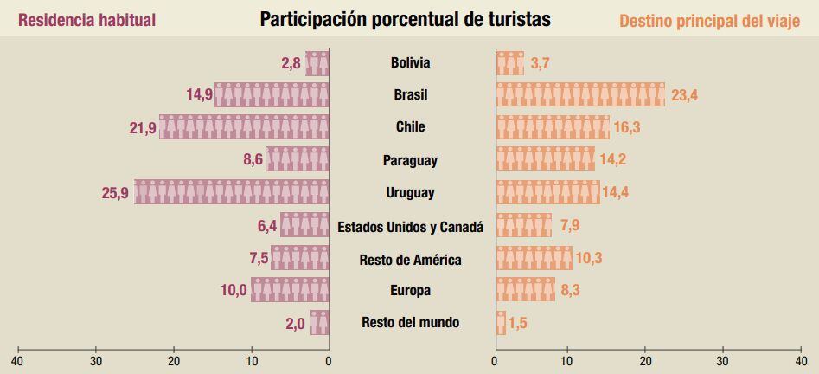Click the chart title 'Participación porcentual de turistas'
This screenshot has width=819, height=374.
coord(405,19)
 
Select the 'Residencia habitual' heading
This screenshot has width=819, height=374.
coord(86,20)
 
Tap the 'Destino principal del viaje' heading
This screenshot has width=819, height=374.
coord(709,21)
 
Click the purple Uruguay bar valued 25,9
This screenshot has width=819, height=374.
coord(231,192)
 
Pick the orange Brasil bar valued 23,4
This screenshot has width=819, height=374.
coord(580,94)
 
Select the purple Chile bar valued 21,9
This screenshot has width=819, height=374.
coord(244,127)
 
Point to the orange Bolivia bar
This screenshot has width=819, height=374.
coord(509,63)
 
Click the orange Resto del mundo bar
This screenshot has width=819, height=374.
coord(501,323)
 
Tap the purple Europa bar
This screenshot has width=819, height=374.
coord(290,290)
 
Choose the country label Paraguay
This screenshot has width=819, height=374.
coord(410,160)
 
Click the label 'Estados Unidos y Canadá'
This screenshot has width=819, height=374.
coord(410,227)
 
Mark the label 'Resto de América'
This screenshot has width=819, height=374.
coord(410,260)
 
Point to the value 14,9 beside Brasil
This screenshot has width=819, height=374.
coord(200,94)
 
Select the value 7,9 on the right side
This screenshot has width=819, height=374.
coord(569,227)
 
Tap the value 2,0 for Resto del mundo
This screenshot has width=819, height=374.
coord(295,324)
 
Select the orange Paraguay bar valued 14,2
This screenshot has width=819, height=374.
coord(545,160)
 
